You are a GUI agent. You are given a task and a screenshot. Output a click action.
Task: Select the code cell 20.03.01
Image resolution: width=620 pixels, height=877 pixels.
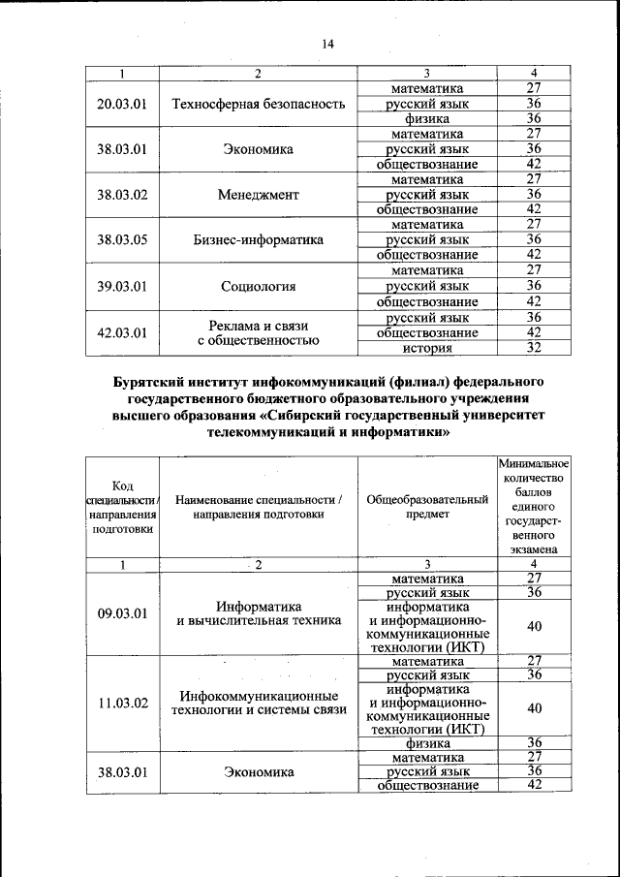(122, 104)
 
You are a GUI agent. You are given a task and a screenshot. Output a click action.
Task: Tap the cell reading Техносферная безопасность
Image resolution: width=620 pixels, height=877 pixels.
(258, 104)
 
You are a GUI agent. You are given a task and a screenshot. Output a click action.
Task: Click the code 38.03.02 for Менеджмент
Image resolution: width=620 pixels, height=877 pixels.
(122, 194)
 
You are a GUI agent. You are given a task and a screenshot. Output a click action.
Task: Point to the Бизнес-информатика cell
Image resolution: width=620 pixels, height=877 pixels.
(258, 239)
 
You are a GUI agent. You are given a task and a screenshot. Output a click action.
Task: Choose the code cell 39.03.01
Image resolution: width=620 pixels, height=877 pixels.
(122, 286)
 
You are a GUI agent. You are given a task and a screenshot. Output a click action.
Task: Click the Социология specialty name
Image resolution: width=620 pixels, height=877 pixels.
(258, 286)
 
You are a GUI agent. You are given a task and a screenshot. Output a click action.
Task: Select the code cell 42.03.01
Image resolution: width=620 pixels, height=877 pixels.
(122, 332)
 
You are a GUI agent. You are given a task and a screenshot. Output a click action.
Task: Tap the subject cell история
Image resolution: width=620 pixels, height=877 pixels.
(426, 348)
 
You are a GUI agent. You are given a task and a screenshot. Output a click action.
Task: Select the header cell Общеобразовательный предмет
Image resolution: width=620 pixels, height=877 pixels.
(426, 508)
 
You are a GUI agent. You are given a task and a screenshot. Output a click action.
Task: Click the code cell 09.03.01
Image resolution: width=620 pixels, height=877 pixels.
(122, 612)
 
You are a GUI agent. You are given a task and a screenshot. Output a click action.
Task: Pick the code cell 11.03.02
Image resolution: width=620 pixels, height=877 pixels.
(122, 703)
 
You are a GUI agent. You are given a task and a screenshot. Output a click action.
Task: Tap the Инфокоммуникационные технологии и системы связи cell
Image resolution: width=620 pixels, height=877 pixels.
(258, 703)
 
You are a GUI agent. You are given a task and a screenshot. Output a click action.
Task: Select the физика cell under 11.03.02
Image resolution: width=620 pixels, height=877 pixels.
(426, 743)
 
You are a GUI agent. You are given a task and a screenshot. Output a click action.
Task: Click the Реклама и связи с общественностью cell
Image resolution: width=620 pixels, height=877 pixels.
(258, 332)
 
